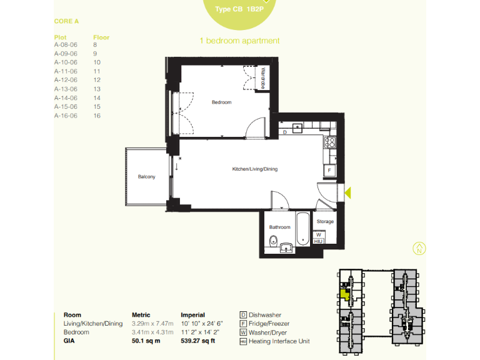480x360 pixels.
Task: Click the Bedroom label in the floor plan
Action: pyautogui.click(x=221, y=102)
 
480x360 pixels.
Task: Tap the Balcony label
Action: pyautogui.click(x=146, y=177)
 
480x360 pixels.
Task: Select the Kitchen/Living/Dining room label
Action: pyautogui.click(x=254, y=169)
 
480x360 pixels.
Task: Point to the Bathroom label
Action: pyautogui.click(x=279, y=227)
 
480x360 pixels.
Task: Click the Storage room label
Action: pyautogui.click(x=325, y=221)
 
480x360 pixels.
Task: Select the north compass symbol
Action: pyautogui.click(x=419, y=248)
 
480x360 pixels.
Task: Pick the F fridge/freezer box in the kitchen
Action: pyautogui.click(x=329, y=170)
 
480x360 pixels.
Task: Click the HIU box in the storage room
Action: pyautogui.click(x=317, y=241)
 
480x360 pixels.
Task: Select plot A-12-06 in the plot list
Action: pyautogui.click(x=66, y=80)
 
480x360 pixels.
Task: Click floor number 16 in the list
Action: pyautogui.click(x=97, y=116)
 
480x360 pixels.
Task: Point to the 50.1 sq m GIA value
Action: pyautogui.click(x=146, y=341)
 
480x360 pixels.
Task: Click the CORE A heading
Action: pyautogui.click(x=67, y=21)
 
